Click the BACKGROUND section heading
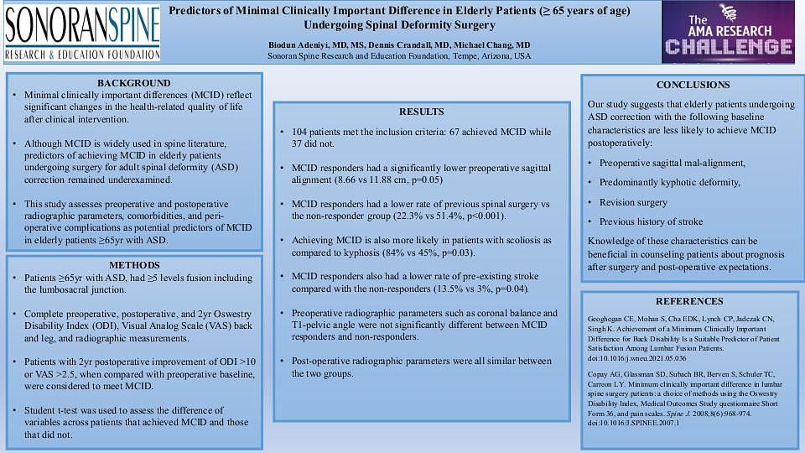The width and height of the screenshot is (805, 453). coord(133,83)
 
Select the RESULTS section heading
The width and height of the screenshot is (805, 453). coord(421,112)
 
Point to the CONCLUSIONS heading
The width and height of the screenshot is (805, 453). coord(693,85)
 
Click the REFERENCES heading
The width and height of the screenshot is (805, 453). coord(688,301)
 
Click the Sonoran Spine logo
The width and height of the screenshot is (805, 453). coord(81,33)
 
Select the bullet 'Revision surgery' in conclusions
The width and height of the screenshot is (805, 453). coord(633,202)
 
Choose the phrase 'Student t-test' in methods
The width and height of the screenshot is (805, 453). coord(54,409)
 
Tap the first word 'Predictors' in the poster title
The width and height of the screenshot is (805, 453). coord(195,11)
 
